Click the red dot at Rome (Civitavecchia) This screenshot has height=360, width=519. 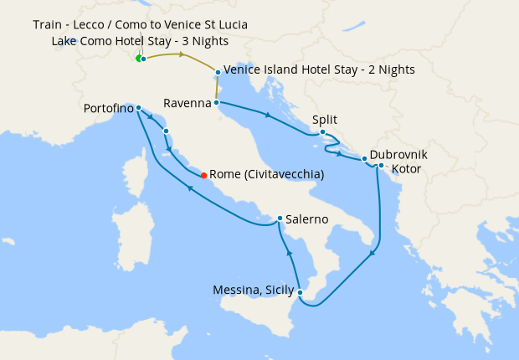click(x=203, y=175)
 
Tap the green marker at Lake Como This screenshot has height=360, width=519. click(x=139, y=58)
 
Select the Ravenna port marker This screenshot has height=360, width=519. click(x=217, y=103)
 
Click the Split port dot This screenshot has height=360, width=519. click(x=322, y=131)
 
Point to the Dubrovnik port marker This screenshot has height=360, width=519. click(x=364, y=158)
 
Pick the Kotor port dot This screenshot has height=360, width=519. click(x=381, y=165)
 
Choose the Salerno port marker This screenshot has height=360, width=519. click(x=279, y=219)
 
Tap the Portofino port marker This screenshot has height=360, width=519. click(x=138, y=108)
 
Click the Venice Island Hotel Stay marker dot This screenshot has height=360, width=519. click(x=218, y=72)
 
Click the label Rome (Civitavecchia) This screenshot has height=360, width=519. click(x=266, y=175)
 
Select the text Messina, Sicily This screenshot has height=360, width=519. click(x=253, y=291)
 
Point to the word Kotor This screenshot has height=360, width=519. click(x=406, y=168)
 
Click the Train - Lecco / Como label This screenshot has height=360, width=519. click(x=141, y=24)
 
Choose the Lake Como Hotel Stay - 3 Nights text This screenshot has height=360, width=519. click(x=139, y=40)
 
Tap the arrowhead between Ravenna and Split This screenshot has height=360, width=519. click(x=267, y=115)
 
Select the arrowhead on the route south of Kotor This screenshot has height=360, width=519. click(x=373, y=253)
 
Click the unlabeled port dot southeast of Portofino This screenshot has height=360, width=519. click(x=166, y=131)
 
